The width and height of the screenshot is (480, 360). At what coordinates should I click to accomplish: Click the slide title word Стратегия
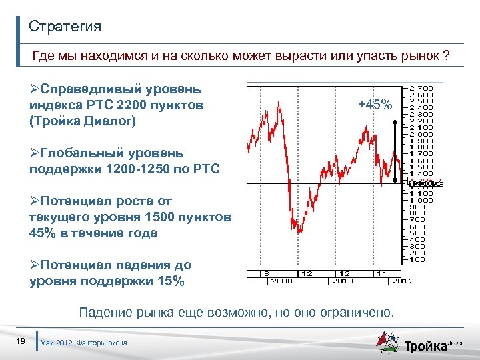pos(65,27)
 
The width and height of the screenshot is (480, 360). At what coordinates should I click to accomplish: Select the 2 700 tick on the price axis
pos(421,88)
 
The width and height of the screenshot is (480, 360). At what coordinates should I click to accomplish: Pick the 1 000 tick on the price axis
pos(421,200)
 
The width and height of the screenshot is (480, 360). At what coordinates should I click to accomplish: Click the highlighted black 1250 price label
pos(421,184)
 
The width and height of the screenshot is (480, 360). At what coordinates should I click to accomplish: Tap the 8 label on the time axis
pos(266,273)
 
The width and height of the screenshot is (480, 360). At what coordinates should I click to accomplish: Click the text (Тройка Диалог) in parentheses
pos(82,121)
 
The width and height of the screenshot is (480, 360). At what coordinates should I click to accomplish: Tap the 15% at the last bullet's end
pos(169,281)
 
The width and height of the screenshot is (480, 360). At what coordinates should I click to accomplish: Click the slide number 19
pos(21,342)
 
